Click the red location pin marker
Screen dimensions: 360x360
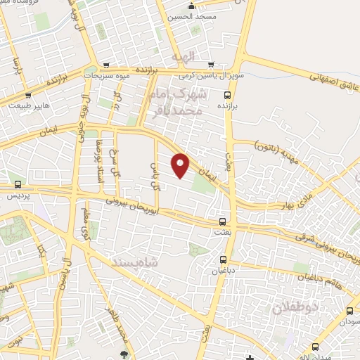point(181,165)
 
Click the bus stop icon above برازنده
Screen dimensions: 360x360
point(226,95)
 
